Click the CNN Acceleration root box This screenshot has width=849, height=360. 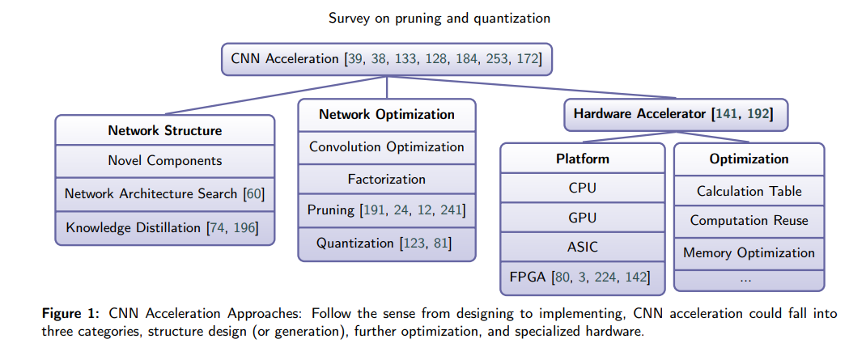point(386,59)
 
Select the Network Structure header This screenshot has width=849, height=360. point(165,130)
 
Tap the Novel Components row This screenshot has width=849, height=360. point(165,161)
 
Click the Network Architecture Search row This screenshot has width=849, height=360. point(165,194)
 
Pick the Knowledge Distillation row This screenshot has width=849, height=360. point(165,227)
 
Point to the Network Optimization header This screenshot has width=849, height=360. point(387,115)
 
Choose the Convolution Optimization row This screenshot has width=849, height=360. point(387,147)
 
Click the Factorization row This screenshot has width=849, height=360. point(387,179)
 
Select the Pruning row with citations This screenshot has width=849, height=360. point(387,210)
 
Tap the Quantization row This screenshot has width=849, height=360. point(387,243)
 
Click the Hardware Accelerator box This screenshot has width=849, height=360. point(673,115)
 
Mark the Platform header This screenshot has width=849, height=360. point(584,159)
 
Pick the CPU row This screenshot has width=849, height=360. point(584,188)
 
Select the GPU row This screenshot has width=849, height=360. point(584,218)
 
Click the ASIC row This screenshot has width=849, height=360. point(584,247)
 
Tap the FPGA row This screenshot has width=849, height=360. point(584,277)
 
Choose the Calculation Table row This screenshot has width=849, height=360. point(749,191)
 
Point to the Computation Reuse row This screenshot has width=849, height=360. point(749,221)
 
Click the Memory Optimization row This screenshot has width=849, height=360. point(749,252)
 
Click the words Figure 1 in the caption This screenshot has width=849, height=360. point(68,313)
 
